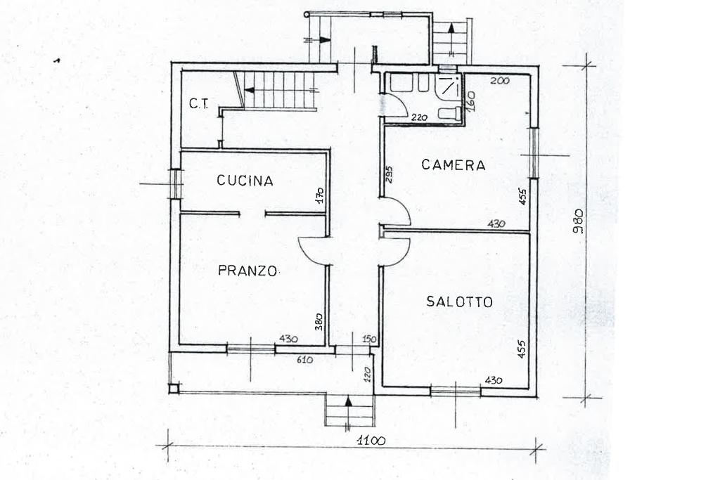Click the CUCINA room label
[245, 181]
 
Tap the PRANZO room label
[247, 271]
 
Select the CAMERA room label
[454, 164]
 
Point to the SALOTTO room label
[459, 301]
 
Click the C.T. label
[198, 104]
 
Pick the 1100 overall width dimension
[371, 441]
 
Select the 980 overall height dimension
[579, 221]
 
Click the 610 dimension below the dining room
[304, 361]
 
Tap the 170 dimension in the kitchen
[320, 195]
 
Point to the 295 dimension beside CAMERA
[389, 174]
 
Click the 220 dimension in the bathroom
[419, 117]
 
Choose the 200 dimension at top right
[500, 81]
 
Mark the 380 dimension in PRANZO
[320, 322]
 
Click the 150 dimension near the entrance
[369, 339]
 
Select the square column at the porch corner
[173, 389]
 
